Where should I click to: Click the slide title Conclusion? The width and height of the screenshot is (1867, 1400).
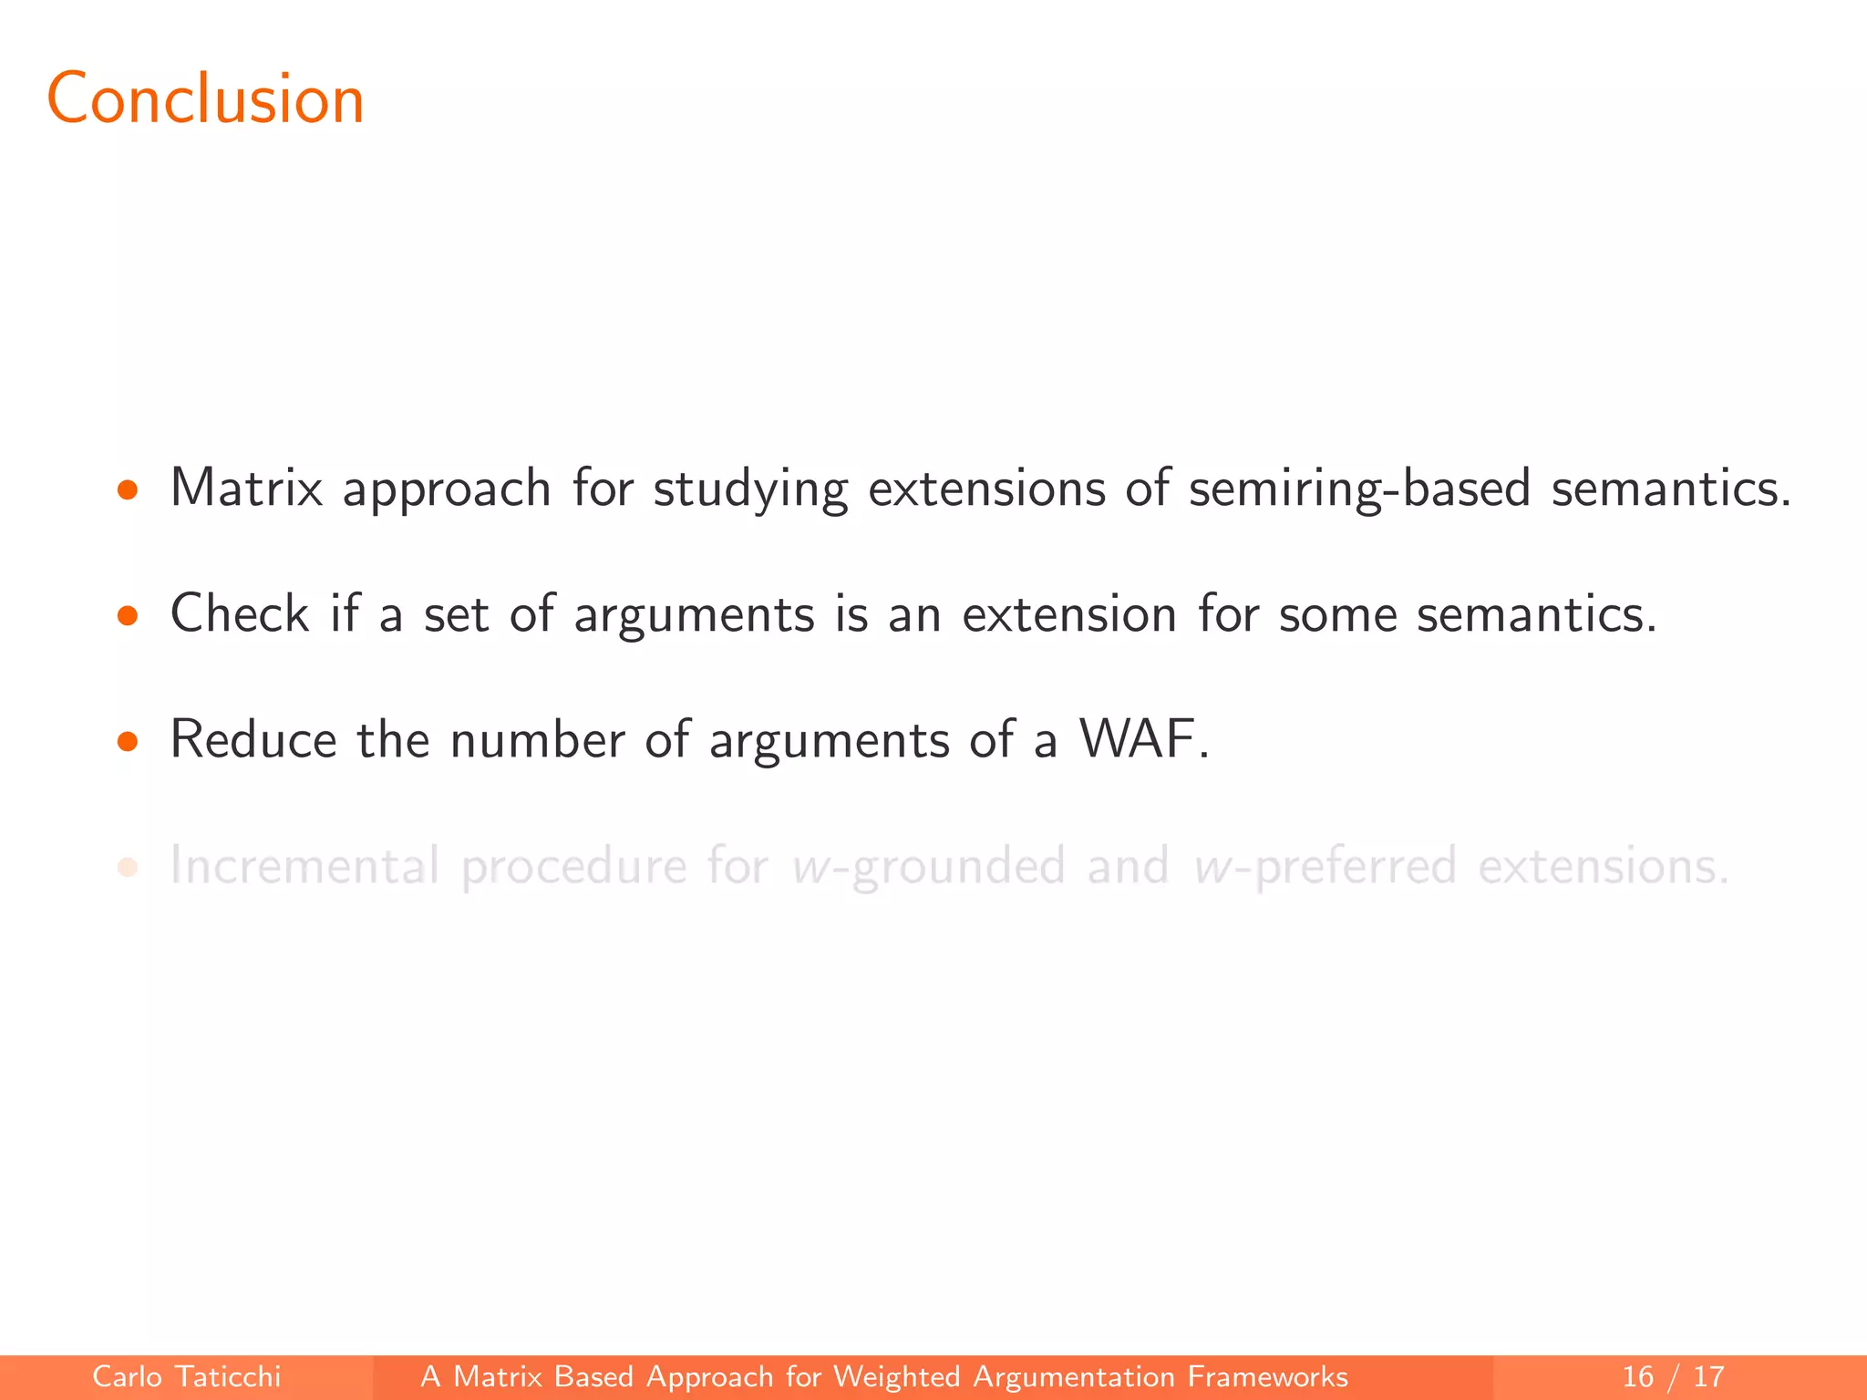click(x=205, y=98)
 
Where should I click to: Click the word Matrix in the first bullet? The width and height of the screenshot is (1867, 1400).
click(x=246, y=488)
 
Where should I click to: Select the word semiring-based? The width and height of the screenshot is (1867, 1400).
click(x=1359, y=489)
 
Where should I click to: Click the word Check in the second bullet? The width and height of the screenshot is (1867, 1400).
click(x=240, y=612)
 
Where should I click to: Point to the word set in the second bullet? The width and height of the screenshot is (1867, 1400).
click(x=457, y=614)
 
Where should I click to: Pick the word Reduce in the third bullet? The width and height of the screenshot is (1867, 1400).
click(x=253, y=738)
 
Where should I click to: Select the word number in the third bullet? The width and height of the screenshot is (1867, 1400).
click(x=538, y=738)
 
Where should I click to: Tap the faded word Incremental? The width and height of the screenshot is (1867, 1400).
click(x=304, y=865)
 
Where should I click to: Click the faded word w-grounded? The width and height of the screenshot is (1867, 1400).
click(x=928, y=867)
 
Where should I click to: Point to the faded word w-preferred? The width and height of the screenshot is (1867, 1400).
click(x=1325, y=867)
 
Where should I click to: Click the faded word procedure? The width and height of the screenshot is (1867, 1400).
click(x=573, y=867)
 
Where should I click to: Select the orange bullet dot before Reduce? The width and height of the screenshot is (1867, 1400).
click(x=128, y=742)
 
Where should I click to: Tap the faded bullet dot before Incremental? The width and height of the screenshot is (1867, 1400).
click(x=128, y=868)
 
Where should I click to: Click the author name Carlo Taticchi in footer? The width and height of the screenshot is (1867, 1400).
click(x=187, y=1376)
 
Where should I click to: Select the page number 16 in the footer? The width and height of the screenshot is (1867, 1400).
click(x=1637, y=1376)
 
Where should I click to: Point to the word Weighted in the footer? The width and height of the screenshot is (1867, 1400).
click(x=897, y=1376)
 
